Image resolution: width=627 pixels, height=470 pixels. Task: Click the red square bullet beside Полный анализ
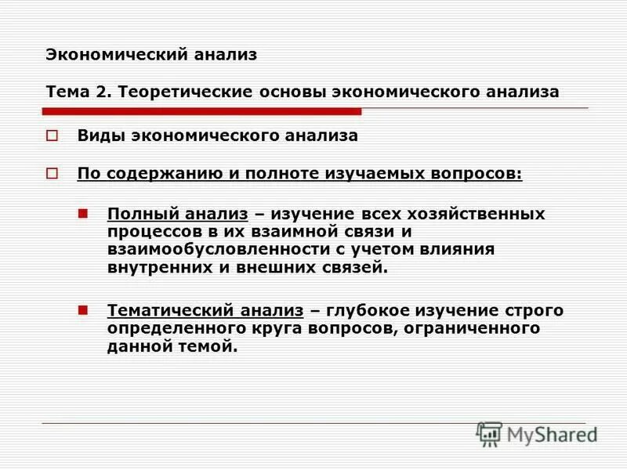pos(84,213)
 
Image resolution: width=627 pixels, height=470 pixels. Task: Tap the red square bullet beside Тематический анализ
pos(84,309)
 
